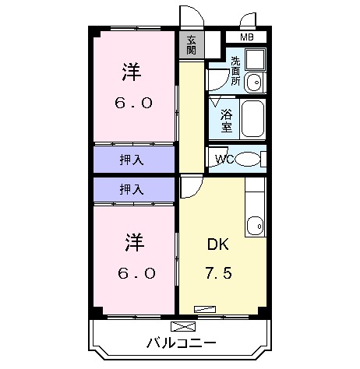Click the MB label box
pos(246,37)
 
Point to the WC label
pos(224,160)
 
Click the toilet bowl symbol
pos(249,160)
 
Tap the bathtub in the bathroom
pos(253,118)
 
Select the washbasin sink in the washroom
pos(254,83)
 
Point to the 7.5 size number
pos(219,274)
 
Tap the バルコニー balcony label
pos(181,343)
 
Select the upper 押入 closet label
pos(131,160)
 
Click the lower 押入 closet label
pos(131,188)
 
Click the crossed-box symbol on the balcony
pos(180,327)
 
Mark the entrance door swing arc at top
pos(189,17)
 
